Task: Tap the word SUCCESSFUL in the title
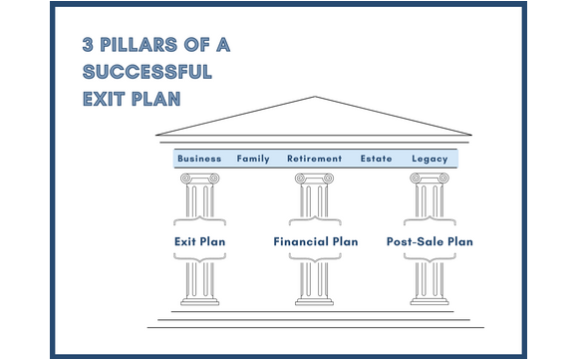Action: (147, 73)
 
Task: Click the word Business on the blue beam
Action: (199, 159)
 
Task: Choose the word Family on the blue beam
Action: (253, 159)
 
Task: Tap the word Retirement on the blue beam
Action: (314, 159)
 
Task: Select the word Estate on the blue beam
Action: (376, 159)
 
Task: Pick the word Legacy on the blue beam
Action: (430, 159)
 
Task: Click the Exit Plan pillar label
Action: (199, 241)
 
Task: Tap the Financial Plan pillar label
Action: (315, 241)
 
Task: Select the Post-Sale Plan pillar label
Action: (430, 241)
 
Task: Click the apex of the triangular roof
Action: (315, 98)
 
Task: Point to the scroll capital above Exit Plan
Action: (199, 179)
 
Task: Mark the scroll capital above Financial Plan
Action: (315, 179)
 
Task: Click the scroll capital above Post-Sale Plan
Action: (430, 179)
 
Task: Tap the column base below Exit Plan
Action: (199, 300)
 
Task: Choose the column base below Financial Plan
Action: (315, 300)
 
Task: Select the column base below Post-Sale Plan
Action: (430, 300)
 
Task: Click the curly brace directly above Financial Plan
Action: (315, 220)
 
